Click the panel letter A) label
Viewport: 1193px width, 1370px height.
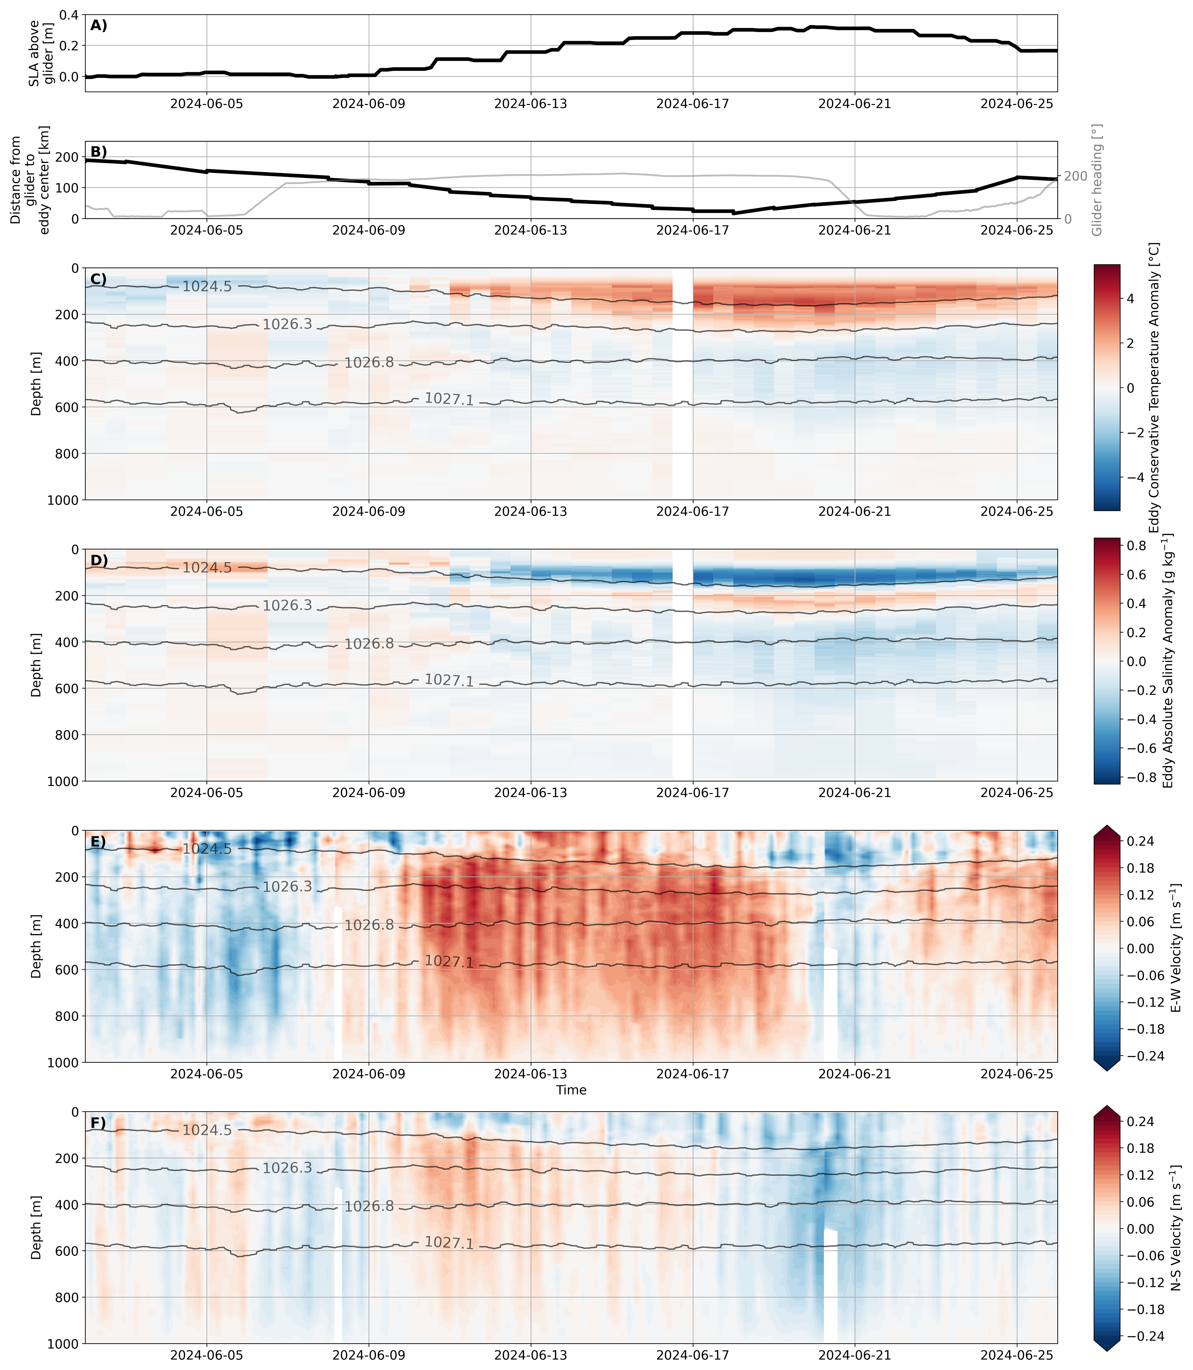click(98, 26)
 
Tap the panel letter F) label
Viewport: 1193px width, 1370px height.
click(98, 1123)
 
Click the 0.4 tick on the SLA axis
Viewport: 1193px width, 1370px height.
click(69, 15)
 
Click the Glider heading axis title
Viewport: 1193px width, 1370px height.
click(1097, 180)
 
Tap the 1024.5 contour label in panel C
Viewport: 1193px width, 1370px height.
click(207, 287)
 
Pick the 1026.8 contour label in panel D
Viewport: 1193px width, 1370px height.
click(369, 644)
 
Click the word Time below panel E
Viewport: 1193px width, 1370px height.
click(571, 1090)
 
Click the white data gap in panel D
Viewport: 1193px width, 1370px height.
click(682, 666)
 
